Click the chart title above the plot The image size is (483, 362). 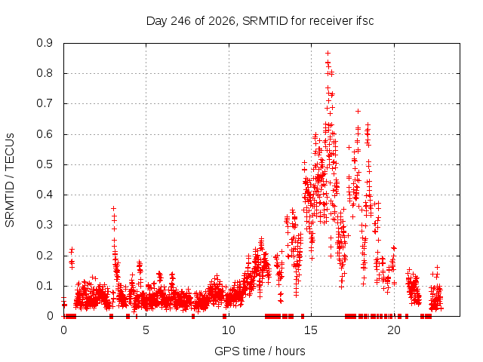click(x=260, y=21)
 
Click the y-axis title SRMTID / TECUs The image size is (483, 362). click(x=10, y=180)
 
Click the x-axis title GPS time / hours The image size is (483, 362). click(x=260, y=351)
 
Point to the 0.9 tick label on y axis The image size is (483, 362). click(x=45, y=43)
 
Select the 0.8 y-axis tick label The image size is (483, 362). click(x=45, y=73)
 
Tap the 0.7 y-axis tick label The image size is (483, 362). click(x=45, y=103)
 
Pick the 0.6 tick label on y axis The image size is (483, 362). click(x=45, y=134)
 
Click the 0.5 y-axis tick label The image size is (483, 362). click(x=45, y=164)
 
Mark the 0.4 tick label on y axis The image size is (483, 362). click(x=45, y=195)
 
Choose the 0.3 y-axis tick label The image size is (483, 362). click(x=45, y=225)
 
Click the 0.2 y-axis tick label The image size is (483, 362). click(x=45, y=256)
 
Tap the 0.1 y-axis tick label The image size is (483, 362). click(x=45, y=286)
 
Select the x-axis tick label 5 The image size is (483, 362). click(x=146, y=330)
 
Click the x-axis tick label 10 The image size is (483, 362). click(x=228, y=330)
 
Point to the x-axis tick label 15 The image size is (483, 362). click(x=311, y=330)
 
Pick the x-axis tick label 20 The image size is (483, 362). click(x=394, y=330)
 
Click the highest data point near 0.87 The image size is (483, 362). click(x=328, y=54)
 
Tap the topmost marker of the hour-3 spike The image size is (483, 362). click(x=113, y=208)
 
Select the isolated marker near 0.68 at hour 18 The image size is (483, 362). click(x=358, y=111)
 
